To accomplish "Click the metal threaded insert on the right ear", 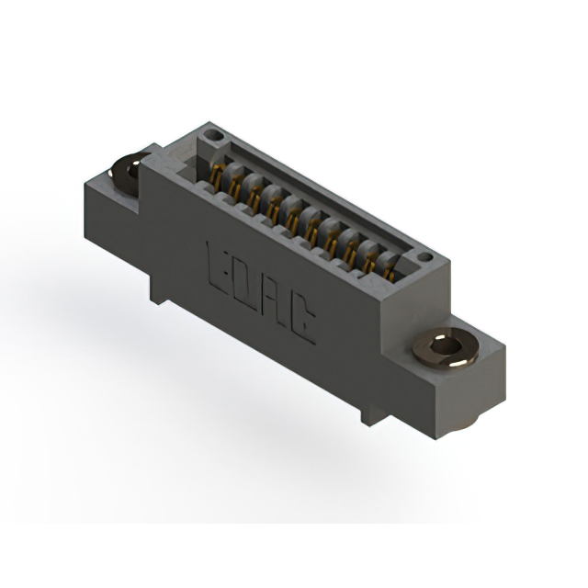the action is tap(445, 349).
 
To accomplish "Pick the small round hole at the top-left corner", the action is tap(213, 135).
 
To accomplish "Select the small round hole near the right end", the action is tap(424, 257).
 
